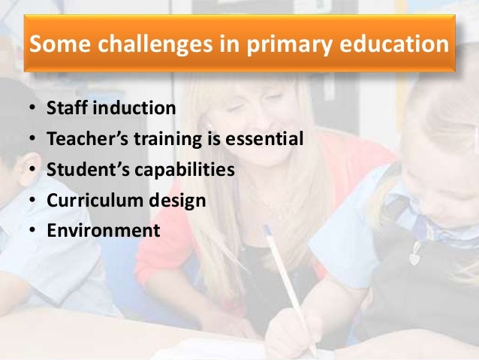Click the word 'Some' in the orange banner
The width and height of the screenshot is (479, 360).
pos(55,46)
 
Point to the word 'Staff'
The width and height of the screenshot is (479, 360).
pos(65,108)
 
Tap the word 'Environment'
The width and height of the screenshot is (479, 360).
pos(103,230)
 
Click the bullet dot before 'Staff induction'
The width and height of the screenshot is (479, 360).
pos(32,109)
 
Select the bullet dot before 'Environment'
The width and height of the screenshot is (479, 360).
pos(32,231)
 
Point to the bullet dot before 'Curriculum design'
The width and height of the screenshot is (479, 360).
pos(32,201)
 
